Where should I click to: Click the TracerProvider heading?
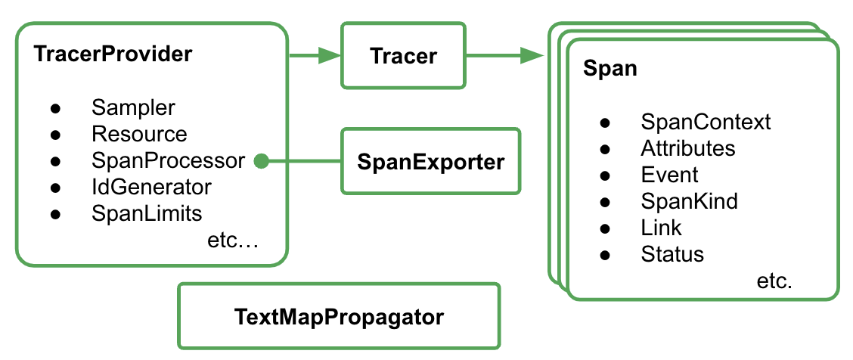pos(113,55)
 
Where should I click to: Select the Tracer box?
pos(403,55)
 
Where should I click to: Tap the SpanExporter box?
pos(431,161)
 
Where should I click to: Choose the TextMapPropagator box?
pos(338,317)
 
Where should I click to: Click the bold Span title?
pos(610,69)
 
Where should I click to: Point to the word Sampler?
pos(133,107)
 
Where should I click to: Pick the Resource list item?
pos(139,135)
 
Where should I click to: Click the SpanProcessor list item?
pos(168,161)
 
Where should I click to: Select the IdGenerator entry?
pos(151,187)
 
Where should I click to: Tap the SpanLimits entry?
pos(147,213)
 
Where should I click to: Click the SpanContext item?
pos(706,122)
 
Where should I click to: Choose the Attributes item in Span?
pos(687,148)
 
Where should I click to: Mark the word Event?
pos(669,175)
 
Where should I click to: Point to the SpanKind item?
pos(689,201)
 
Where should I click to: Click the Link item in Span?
pos(661,228)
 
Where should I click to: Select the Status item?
pos(672,254)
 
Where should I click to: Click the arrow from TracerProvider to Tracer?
pos(315,55)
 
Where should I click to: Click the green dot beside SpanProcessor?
pos(261,161)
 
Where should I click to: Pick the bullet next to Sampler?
pos(55,108)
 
